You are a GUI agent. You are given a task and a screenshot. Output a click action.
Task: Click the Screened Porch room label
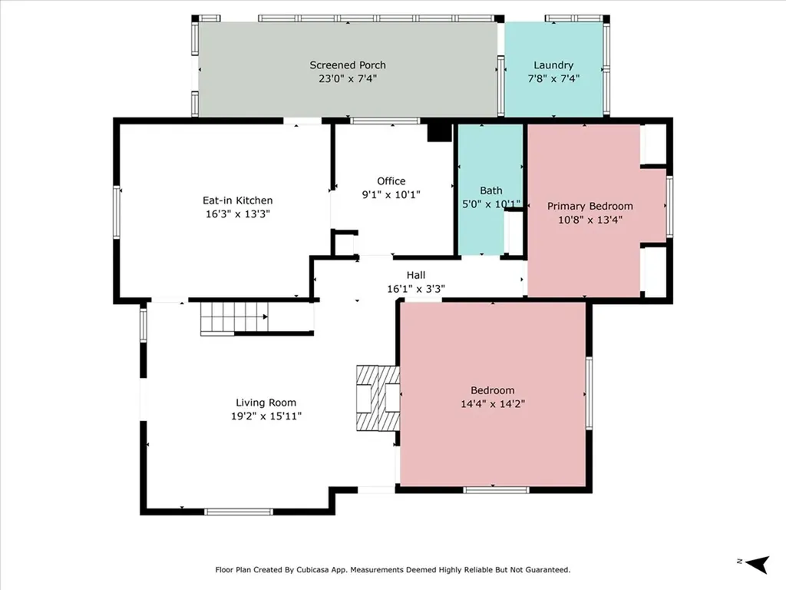(x=348, y=65)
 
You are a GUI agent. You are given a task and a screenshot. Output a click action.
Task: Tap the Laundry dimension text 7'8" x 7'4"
(x=553, y=78)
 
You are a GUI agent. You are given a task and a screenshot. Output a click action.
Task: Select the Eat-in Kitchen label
(x=237, y=201)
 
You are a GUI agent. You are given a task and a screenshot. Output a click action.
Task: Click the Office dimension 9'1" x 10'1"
(x=391, y=194)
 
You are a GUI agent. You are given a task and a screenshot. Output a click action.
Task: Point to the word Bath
(x=490, y=191)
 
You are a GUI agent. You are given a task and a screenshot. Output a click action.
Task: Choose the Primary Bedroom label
(x=589, y=206)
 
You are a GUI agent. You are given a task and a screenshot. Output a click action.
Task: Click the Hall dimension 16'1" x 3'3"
(x=416, y=289)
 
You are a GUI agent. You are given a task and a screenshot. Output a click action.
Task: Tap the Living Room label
(x=266, y=403)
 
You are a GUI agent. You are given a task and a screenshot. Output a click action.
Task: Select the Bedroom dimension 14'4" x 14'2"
(x=492, y=403)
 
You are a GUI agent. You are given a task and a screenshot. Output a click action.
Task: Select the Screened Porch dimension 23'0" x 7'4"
(x=348, y=78)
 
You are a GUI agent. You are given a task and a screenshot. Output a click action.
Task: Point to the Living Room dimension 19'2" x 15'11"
(x=266, y=416)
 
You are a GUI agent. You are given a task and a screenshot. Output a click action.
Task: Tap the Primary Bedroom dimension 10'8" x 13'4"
(x=589, y=219)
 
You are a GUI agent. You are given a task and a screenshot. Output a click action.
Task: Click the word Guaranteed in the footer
(x=543, y=570)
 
